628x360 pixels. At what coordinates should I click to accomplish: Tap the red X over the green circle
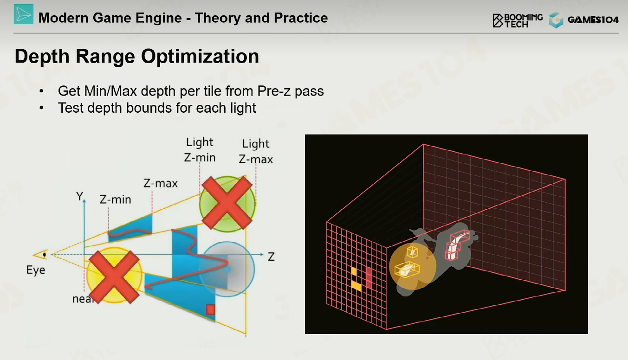pos(227,203)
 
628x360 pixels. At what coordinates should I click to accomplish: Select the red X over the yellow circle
pos(114,277)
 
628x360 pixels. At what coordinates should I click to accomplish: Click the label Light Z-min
pos(200,150)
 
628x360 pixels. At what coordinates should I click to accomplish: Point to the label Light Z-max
pos(256,151)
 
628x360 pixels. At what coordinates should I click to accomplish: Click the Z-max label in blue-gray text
pos(161,183)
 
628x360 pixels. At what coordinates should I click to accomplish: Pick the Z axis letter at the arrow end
pos(271,257)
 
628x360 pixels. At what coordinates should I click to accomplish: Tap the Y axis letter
pos(80,196)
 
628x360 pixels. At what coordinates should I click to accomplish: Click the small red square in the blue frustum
pos(211,309)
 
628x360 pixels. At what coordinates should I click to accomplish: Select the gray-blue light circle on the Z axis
pos(227,269)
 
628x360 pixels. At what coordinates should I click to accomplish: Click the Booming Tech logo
pos(518,20)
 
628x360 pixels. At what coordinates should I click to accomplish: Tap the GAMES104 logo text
pos(593,20)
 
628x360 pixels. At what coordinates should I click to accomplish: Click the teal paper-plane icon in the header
pos(24,14)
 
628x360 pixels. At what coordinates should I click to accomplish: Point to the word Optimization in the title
pos(200,56)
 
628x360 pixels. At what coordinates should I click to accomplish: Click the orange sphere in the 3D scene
pos(413,266)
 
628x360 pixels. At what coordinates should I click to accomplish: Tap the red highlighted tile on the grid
pos(369,277)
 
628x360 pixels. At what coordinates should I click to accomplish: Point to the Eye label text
pos(36,270)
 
